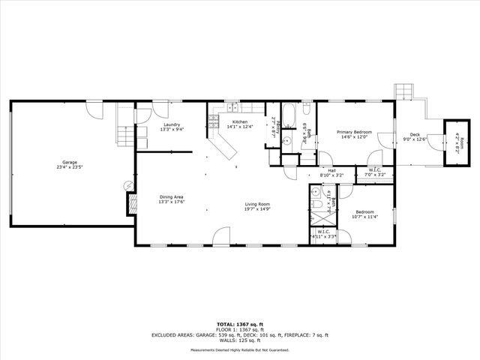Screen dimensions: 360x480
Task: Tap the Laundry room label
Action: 171,127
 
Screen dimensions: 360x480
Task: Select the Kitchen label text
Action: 240,124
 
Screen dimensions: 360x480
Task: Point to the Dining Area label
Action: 171,199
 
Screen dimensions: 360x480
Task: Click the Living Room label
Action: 257,206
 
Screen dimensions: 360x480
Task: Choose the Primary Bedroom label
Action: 356,134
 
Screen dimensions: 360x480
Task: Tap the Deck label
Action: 415,136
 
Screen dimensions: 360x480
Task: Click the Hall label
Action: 331,172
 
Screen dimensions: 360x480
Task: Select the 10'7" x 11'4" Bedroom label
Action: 365,214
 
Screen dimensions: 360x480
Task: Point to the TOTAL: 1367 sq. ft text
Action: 240,324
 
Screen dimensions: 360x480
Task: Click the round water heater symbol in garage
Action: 125,186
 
